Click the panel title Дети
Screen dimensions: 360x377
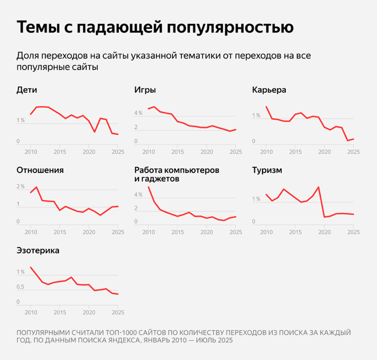[27, 89]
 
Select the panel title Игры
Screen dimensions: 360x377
[145, 89]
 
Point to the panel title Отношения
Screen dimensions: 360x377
[40, 170]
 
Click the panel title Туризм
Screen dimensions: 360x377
[267, 170]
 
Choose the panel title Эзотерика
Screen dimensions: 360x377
[38, 251]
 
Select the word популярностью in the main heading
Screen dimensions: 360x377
[230, 27]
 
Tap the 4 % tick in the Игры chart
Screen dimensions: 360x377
[138, 113]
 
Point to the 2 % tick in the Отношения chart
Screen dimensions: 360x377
[21, 187]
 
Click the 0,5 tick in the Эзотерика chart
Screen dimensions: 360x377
[21, 287]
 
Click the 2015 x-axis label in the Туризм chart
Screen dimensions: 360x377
[295, 231]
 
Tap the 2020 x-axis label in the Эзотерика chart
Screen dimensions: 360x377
[88, 311]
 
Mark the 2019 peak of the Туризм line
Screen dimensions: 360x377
[318, 187]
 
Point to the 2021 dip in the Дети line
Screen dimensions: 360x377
[95, 132]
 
